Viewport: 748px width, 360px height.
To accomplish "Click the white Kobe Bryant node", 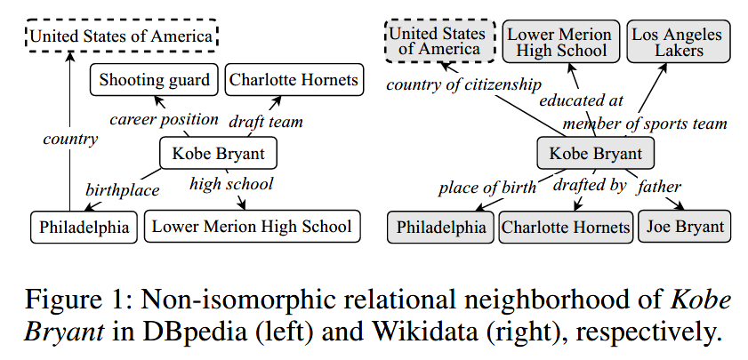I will click(x=217, y=154).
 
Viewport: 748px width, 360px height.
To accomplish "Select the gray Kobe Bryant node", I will click(x=595, y=154).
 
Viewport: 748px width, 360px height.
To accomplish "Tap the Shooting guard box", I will click(x=154, y=81).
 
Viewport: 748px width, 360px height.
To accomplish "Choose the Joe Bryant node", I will click(x=685, y=226).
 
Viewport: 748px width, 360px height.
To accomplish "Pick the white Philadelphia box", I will click(x=84, y=227).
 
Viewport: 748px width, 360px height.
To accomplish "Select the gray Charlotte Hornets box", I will click(x=565, y=227).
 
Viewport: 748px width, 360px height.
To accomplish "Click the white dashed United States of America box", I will click(x=121, y=36).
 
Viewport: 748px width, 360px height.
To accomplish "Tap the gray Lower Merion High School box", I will click(x=559, y=42).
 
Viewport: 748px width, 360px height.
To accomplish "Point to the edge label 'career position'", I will click(x=164, y=118).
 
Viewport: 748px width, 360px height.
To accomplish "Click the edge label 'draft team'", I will click(x=266, y=120).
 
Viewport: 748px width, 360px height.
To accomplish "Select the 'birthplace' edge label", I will click(x=122, y=189).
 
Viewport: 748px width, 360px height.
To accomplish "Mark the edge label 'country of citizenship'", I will click(x=462, y=84).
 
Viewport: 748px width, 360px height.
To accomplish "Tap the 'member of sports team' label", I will click(x=645, y=123).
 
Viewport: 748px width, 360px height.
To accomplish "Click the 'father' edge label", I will click(x=660, y=187).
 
